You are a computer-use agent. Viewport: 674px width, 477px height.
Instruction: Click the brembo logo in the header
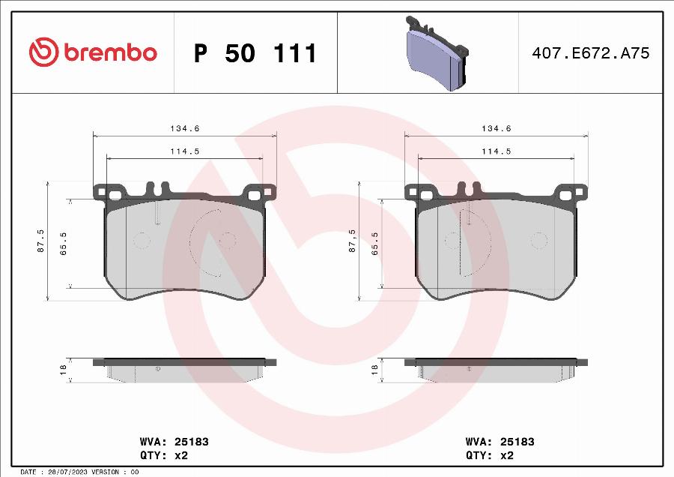click(x=93, y=52)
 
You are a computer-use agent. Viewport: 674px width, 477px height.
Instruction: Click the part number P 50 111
click(x=255, y=53)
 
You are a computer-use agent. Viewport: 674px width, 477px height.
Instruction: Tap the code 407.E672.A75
click(x=590, y=53)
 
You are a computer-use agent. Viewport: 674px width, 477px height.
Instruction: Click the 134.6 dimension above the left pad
click(x=184, y=129)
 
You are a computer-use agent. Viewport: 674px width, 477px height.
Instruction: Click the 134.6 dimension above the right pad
click(x=496, y=129)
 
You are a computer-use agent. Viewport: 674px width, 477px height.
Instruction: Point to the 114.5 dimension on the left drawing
click(x=184, y=151)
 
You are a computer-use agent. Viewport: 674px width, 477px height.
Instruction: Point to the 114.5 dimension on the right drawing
click(x=496, y=151)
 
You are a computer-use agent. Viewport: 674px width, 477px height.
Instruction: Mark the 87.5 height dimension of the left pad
click(x=40, y=241)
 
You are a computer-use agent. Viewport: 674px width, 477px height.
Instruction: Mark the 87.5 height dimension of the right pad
click(x=352, y=241)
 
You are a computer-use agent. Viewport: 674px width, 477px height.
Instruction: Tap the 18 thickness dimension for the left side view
click(x=63, y=370)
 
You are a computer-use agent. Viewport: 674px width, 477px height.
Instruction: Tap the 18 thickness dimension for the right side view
click(x=374, y=370)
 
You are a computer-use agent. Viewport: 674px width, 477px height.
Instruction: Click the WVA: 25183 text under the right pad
click(x=500, y=442)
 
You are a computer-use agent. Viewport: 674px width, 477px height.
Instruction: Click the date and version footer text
click(x=79, y=472)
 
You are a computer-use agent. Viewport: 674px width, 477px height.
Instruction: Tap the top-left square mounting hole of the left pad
click(x=115, y=195)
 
